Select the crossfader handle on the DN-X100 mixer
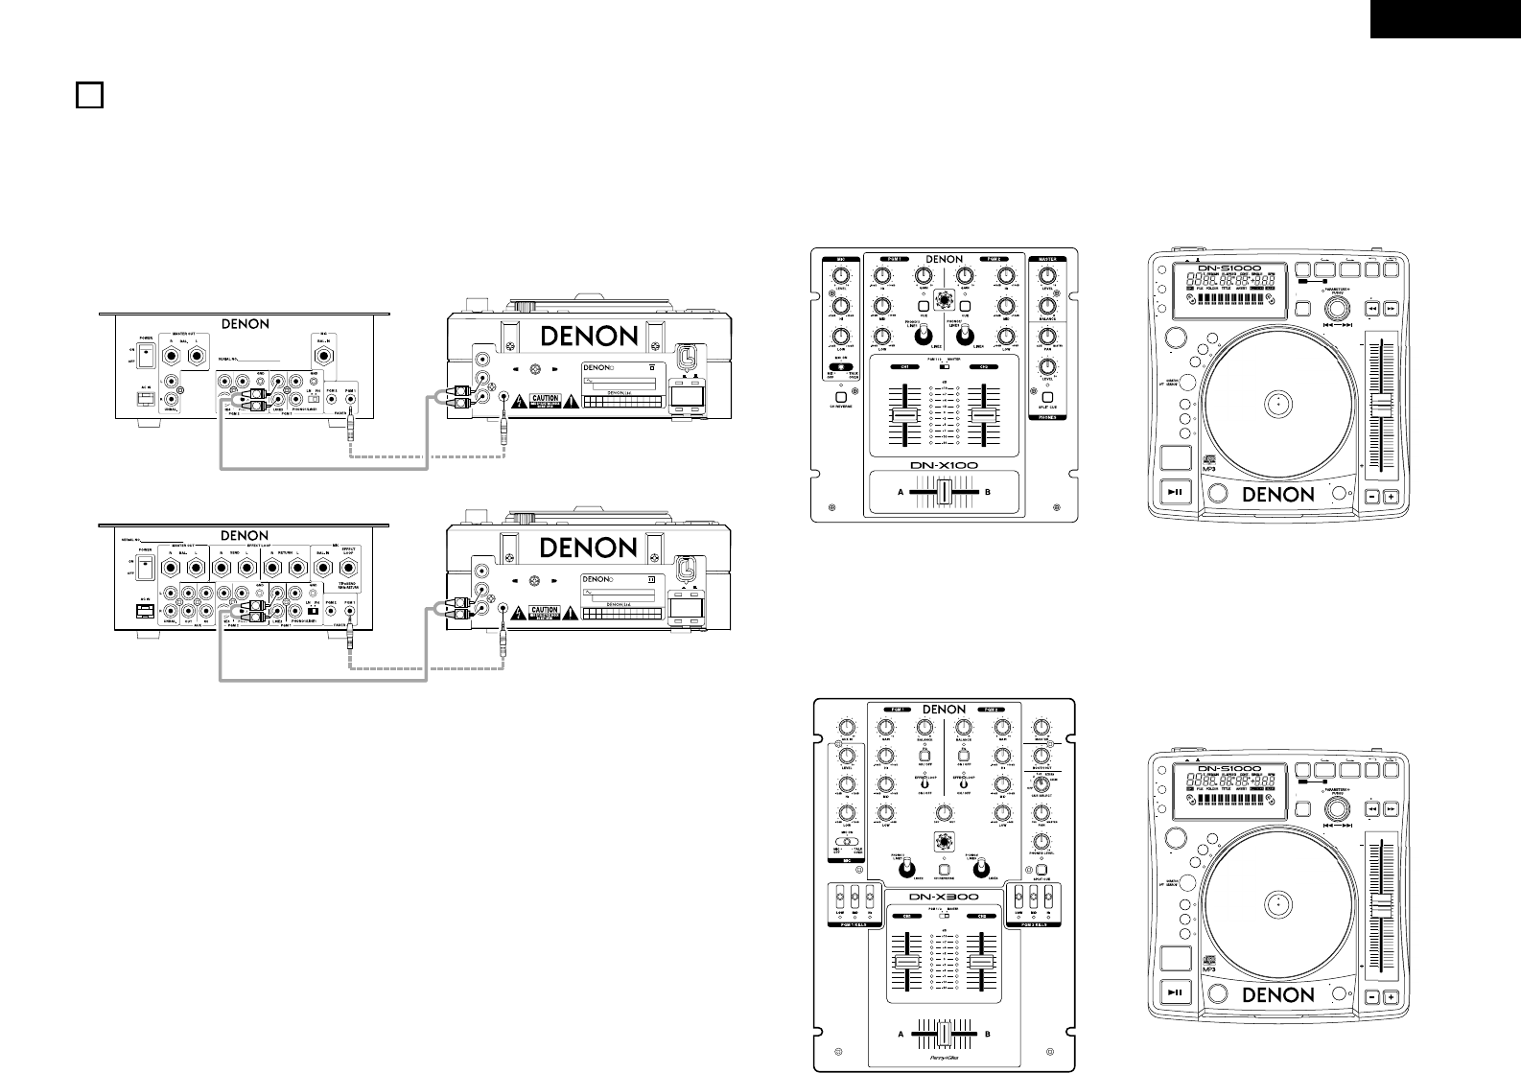coord(945,492)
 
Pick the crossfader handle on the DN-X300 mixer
coord(945,1035)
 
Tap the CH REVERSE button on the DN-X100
coord(840,397)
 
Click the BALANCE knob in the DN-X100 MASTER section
coord(1048,306)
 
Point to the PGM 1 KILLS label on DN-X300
coord(849,925)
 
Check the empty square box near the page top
coord(88,95)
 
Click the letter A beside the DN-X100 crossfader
coord(900,492)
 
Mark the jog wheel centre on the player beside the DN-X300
coord(1277,904)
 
